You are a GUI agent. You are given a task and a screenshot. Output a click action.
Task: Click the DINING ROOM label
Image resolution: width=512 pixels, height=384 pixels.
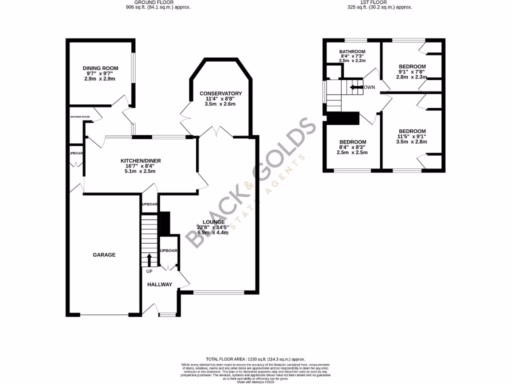(100, 68)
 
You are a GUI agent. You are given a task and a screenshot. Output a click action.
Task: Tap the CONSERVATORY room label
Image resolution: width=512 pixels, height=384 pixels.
(220, 93)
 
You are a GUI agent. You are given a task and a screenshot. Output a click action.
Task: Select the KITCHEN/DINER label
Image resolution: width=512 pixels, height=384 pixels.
(140, 160)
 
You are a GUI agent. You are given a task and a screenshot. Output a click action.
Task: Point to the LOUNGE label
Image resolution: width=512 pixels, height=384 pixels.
(213, 222)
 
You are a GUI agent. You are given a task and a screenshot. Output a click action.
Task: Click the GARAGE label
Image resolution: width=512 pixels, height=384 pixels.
(104, 255)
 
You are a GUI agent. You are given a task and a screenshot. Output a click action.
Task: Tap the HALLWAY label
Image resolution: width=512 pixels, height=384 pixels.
(159, 284)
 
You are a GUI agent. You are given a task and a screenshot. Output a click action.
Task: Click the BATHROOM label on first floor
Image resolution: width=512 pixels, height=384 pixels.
(352, 51)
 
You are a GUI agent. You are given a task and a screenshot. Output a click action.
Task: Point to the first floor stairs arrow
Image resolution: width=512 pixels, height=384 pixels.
(356, 87)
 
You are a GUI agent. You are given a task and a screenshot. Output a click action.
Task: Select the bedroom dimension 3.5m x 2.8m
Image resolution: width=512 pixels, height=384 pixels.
(412, 141)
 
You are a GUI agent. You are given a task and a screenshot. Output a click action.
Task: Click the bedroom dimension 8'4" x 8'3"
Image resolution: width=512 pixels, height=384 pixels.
(352, 147)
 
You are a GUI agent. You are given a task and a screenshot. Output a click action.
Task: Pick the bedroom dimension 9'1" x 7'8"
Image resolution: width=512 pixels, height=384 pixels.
(412, 72)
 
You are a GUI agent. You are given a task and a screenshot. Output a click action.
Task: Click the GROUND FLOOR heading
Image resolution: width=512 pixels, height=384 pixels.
(158, 2)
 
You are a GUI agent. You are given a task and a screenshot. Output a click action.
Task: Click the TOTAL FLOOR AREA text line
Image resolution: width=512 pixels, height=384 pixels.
(255, 359)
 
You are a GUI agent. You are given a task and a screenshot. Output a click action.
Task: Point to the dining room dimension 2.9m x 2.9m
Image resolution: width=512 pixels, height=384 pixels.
(100, 79)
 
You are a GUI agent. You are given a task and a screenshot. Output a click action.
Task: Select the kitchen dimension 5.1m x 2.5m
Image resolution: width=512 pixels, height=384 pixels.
(140, 171)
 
